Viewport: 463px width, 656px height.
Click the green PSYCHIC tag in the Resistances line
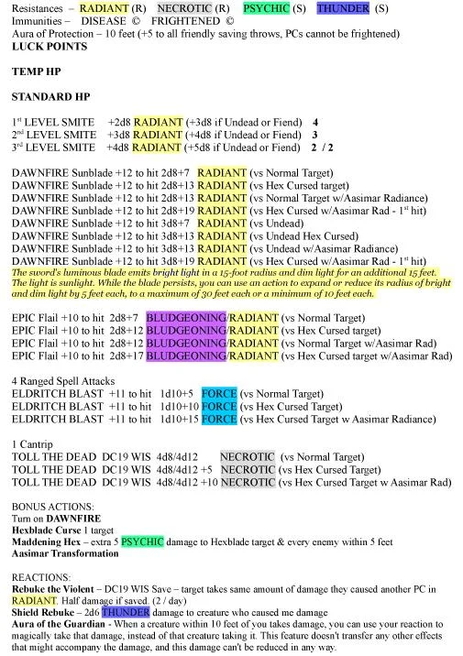coord(266,8)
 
